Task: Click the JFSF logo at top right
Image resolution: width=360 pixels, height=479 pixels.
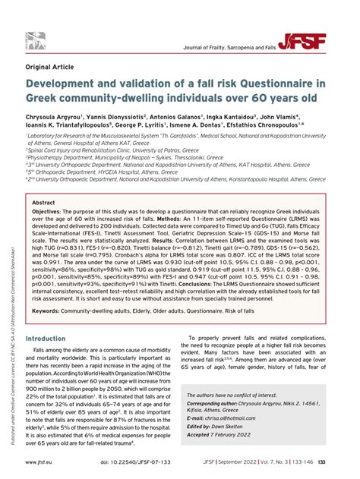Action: [320, 41]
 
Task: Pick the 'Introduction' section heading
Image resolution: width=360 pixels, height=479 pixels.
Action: [51, 360]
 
